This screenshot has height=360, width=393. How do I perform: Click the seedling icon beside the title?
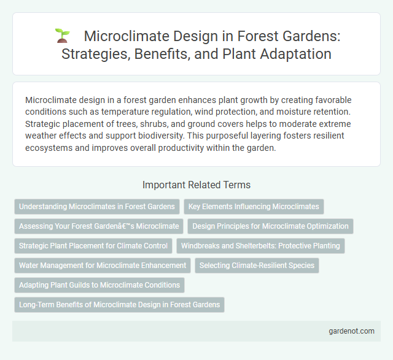pyautogui.click(x=61, y=36)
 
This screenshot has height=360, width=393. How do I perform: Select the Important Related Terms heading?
pyautogui.click(x=196, y=184)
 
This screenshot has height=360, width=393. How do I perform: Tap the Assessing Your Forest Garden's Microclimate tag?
pyautogui.click(x=99, y=226)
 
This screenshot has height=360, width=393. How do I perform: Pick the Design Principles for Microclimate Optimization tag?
pyautogui.click(x=270, y=226)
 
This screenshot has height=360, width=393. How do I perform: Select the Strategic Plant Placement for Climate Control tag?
pyautogui.click(x=93, y=246)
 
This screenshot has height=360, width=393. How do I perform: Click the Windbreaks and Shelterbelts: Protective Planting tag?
pyautogui.click(x=261, y=246)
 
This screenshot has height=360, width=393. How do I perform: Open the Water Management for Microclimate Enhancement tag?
pyautogui.click(x=103, y=266)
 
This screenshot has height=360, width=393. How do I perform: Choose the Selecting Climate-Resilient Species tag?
pyautogui.click(x=257, y=266)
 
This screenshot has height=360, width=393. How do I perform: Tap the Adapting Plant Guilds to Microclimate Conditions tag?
pyautogui.click(x=99, y=285)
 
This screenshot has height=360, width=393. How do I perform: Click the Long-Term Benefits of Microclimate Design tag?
pyautogui.click(x=119, y=305)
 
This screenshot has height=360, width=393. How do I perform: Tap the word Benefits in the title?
pyautogui.click(x=155, y=53)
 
